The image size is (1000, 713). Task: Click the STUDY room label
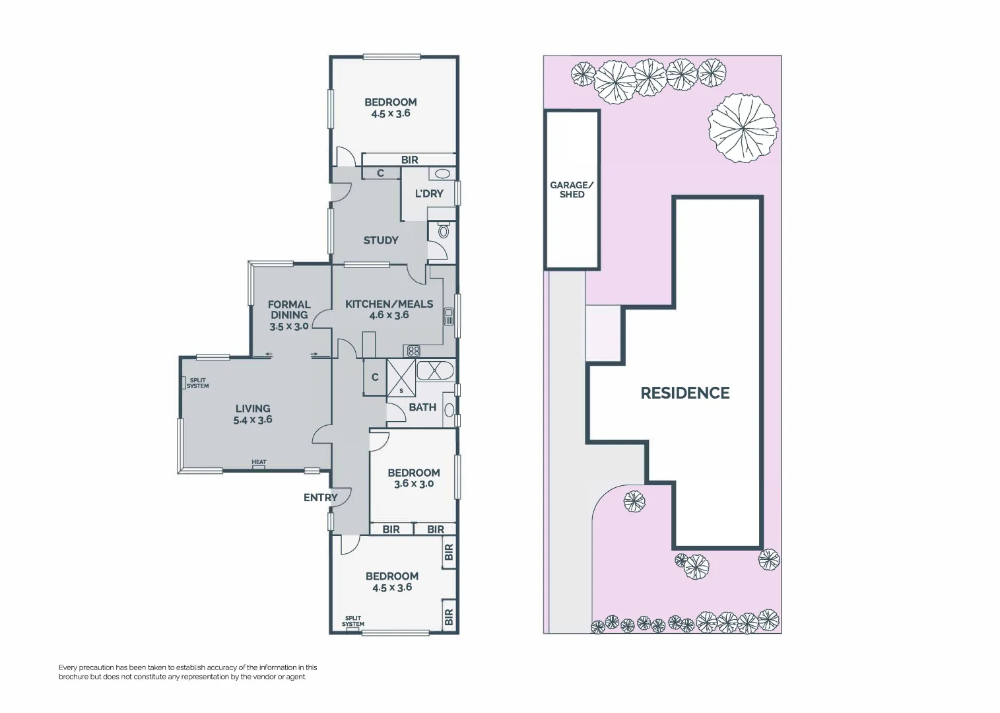click(x=381, y=240)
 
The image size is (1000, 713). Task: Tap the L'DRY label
click(x=429, y=193)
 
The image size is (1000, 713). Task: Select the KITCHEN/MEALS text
click(x=389, y=304)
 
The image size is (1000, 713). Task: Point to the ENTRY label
click(x=320, y=498)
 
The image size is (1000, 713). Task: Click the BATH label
click(x=422, y=407)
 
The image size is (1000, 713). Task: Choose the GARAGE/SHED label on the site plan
click(x=572, y=189)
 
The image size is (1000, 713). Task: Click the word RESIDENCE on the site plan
click(x=685, y=393)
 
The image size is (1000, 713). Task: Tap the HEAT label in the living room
click(x=259, y=462)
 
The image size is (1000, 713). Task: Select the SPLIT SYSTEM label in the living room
click(x=197, y=383)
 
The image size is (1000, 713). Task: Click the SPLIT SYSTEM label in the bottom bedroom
click(x=353, y=621)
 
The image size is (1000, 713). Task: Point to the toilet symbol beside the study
click(x=443, y=230)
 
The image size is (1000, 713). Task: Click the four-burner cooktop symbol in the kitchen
click(x=414, y=351)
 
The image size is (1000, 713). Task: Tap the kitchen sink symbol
click(x=449, y=316)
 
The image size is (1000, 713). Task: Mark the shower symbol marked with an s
click(x=401, y=379)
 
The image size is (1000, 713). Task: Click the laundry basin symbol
click(x=442, y=174)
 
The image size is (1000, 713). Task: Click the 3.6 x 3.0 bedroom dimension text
click(x=414, y=484)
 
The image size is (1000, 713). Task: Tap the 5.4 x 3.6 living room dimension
click(x=253, y=420)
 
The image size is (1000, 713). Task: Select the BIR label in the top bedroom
click(x=409, y=160)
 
